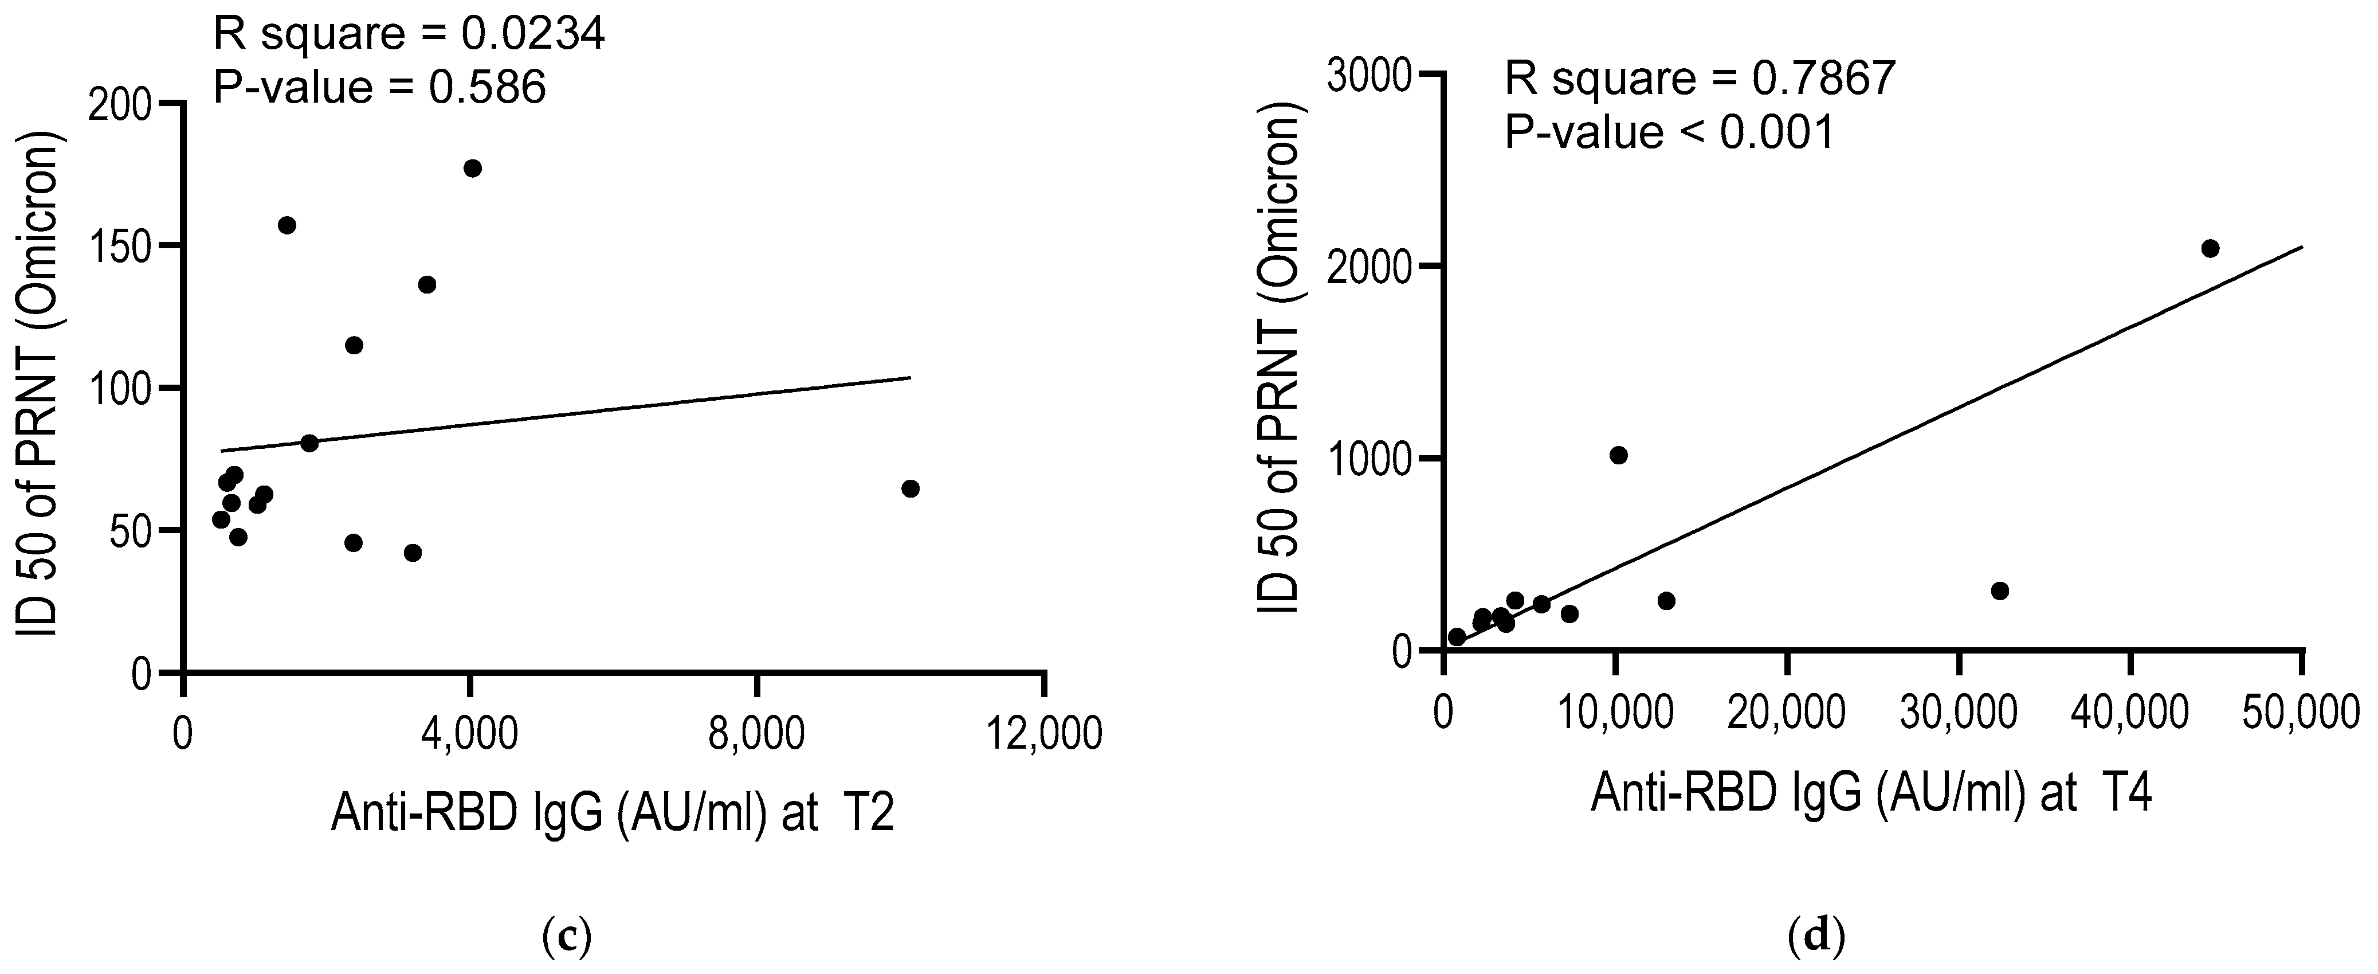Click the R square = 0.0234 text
pos(409,35)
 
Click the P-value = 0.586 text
pos(379,88)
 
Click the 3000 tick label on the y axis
pos(1369,76)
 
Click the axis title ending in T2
pos(612,813)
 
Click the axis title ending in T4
pos(1871,794)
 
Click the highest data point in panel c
pos(473,168)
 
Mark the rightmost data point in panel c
pos(910,488)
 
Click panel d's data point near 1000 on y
pos(1618,455)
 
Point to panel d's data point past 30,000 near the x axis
pos(1999,591)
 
